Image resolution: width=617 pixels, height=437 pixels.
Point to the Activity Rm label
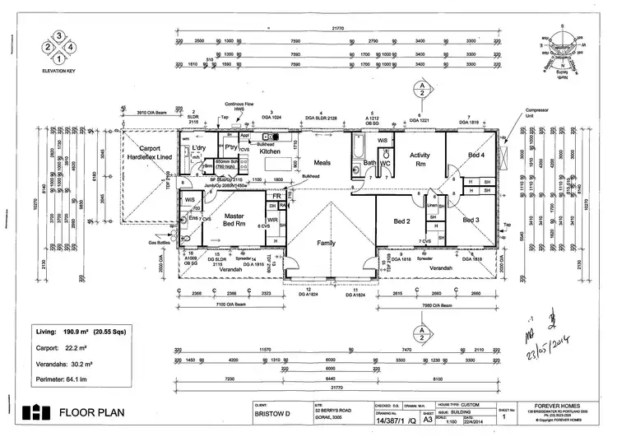coord(420,159)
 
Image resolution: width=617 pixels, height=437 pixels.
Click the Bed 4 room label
coord(475,155)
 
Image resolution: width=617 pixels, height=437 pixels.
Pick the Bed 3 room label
coord(471,221)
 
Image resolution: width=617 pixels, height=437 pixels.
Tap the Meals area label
coord(322,163)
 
